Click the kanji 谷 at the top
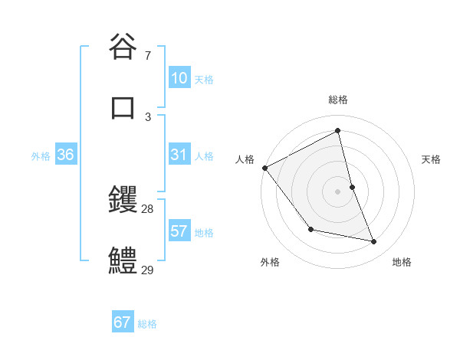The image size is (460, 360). coord(123,47)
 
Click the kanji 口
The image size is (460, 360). coord(123,106)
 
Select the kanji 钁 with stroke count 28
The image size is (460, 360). coord(123,201)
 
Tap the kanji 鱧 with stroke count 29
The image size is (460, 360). coord(123,260)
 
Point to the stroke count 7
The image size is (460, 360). coord(147,56)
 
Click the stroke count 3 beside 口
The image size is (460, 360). coord(147,116)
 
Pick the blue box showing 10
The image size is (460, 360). coord(179,78)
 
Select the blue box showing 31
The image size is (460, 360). coord(179,155)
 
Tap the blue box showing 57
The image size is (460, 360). coord(179,231)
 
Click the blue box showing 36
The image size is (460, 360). coord(65,155)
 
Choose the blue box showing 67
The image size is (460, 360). coord(123,322)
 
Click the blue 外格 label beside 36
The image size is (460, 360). coord(41,156)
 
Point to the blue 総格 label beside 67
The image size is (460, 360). coord(147,324)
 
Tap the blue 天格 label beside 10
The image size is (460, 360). coord(204,80)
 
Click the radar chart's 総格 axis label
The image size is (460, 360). coord(338,100)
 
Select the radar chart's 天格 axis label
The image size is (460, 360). coord(432,159)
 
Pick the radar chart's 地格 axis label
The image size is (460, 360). coord(402,262)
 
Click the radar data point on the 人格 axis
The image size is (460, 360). coord(264,168)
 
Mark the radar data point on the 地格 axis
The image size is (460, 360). coord(374,242)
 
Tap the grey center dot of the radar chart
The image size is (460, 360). coord(338,191)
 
